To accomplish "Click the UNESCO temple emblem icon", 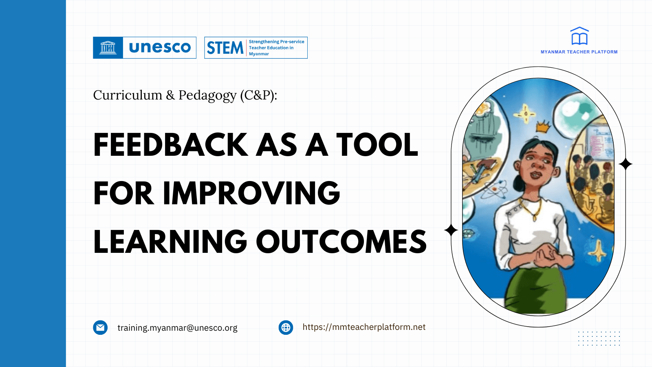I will tap(108, 48).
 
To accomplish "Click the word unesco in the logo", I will tap(160, 48).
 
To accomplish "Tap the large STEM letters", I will tap(225, 48).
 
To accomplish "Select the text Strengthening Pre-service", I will tap(276, 42).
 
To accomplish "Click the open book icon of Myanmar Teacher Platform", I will tap(579, 37).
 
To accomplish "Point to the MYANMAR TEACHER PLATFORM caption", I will tap(579, 52).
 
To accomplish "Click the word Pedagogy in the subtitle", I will tap(207, 95).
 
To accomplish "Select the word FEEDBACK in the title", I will tap(170, 145).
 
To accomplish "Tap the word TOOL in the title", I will tap(377, 145).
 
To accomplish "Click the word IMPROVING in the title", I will tap(251, 193).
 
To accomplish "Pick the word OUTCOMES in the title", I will tap(341, 242).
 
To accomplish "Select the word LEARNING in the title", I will tap(170, 242).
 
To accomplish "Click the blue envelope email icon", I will tap(100, 327).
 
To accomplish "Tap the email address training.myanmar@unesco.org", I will tap(177, 328).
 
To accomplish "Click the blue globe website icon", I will tap(286, 327).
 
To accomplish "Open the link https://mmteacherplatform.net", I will tap(364, 327).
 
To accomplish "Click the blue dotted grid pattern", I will tap(599, 338).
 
